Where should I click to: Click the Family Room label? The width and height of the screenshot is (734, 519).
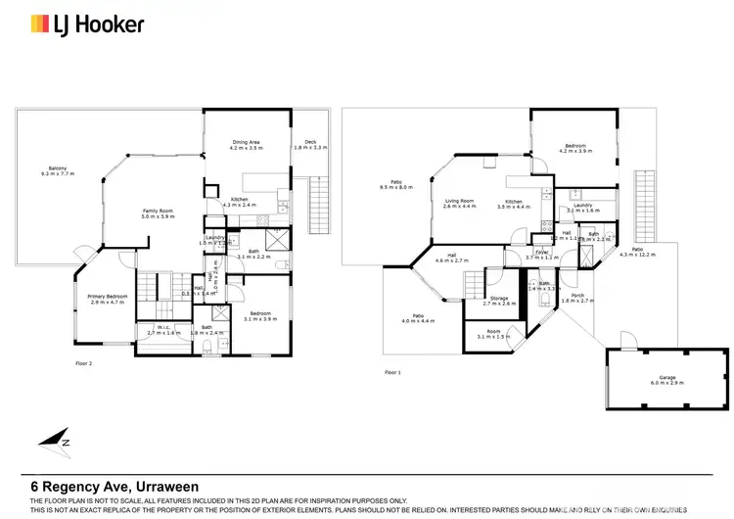(x=158, y=213)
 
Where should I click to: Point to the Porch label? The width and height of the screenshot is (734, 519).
(x=577, y=298)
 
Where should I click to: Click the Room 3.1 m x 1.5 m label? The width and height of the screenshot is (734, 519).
(x=493, y=334)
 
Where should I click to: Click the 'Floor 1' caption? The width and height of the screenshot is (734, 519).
(x=391, y=372)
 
